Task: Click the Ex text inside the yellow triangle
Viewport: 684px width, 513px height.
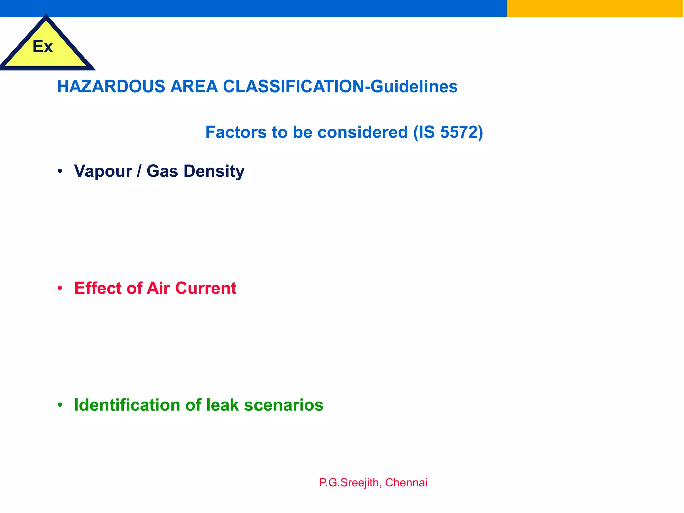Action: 43,46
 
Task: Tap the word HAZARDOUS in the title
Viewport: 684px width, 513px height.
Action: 111,87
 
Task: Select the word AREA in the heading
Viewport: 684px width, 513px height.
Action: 194,87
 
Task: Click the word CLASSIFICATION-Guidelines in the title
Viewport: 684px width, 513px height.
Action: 340,87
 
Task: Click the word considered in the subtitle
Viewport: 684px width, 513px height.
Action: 363,132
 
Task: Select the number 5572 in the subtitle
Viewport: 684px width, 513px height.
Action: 459,132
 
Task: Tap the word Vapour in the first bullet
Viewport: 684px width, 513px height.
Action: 103,171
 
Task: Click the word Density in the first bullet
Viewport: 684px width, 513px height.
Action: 214,171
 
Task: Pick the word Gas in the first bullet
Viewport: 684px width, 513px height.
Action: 162,171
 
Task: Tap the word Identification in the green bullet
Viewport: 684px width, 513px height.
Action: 127,405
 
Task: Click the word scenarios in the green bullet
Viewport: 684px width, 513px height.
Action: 284,405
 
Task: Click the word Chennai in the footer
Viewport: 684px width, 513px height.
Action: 406,483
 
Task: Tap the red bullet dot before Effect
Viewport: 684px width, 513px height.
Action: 60,288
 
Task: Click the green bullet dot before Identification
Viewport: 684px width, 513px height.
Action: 60,405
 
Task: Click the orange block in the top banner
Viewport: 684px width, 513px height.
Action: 595,8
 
